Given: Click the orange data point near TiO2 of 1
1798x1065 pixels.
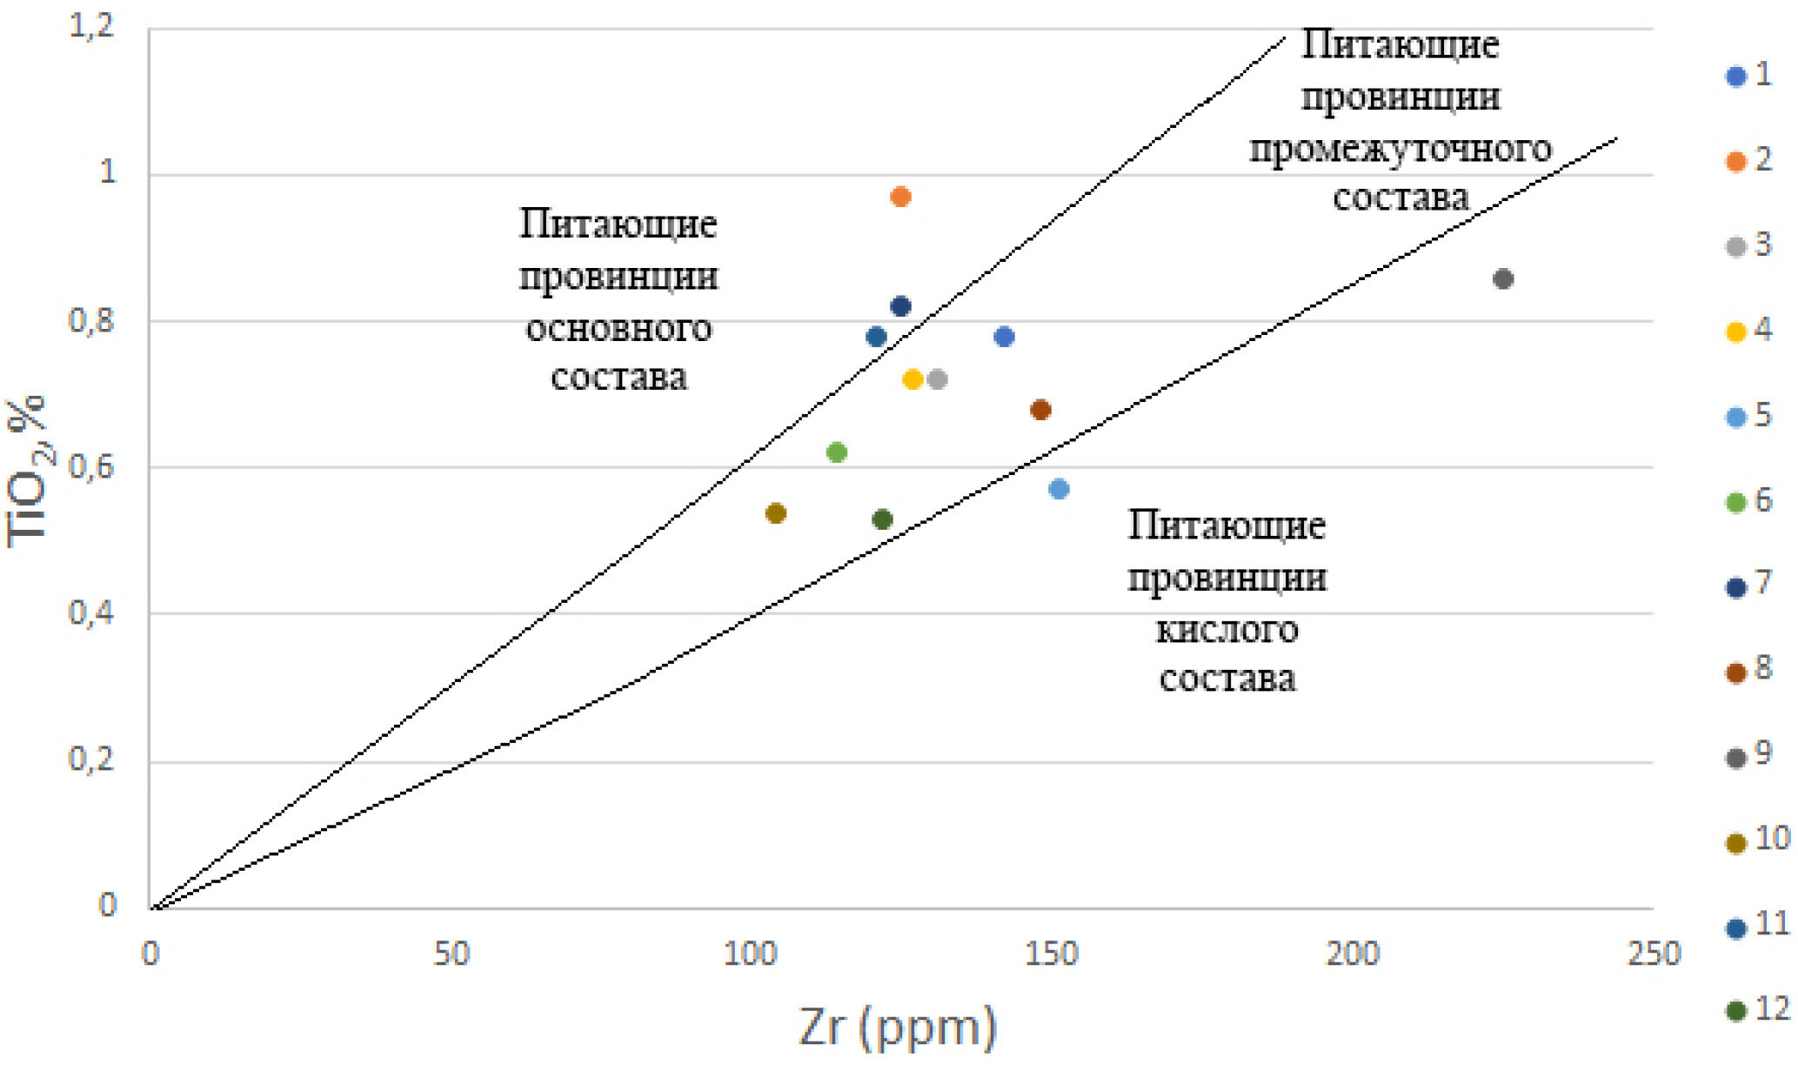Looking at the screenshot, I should pos(900,197).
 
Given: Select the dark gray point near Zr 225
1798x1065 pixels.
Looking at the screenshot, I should pos(1502,279).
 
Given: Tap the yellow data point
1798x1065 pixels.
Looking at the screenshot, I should pos(912,379).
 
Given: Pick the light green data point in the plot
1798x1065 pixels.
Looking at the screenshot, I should pos(837,452).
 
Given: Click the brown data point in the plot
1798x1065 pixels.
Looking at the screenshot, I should pos(1040,410).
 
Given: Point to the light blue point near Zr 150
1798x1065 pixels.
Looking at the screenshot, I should pos(1059,489).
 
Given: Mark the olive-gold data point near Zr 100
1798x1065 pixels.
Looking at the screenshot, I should pos(776,513).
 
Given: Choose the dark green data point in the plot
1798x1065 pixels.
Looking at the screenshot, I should pos(882,520).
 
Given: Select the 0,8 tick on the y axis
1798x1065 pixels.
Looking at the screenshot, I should pos(91,321).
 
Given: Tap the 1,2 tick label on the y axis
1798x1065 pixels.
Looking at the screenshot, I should pos(91,27).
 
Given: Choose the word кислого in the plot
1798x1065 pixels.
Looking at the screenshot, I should pos(1227,629).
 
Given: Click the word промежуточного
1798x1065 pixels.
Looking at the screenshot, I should pos(1400,149).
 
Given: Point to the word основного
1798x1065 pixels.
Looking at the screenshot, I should pos(618,329).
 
